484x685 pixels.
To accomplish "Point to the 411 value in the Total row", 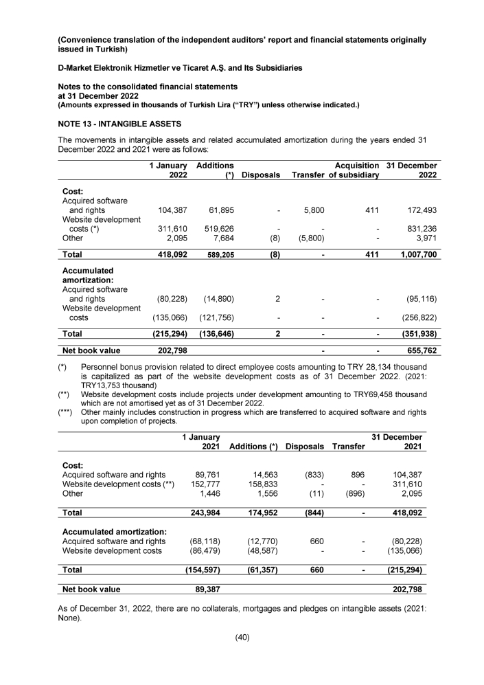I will (371, 254).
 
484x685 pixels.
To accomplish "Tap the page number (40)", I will (242, 637).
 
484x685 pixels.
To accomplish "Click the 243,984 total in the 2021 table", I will (203, 513).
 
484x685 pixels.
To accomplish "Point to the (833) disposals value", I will (313, 474).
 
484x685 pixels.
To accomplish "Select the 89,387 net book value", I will (205, 589).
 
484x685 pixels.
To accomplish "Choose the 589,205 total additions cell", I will (218, 254).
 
